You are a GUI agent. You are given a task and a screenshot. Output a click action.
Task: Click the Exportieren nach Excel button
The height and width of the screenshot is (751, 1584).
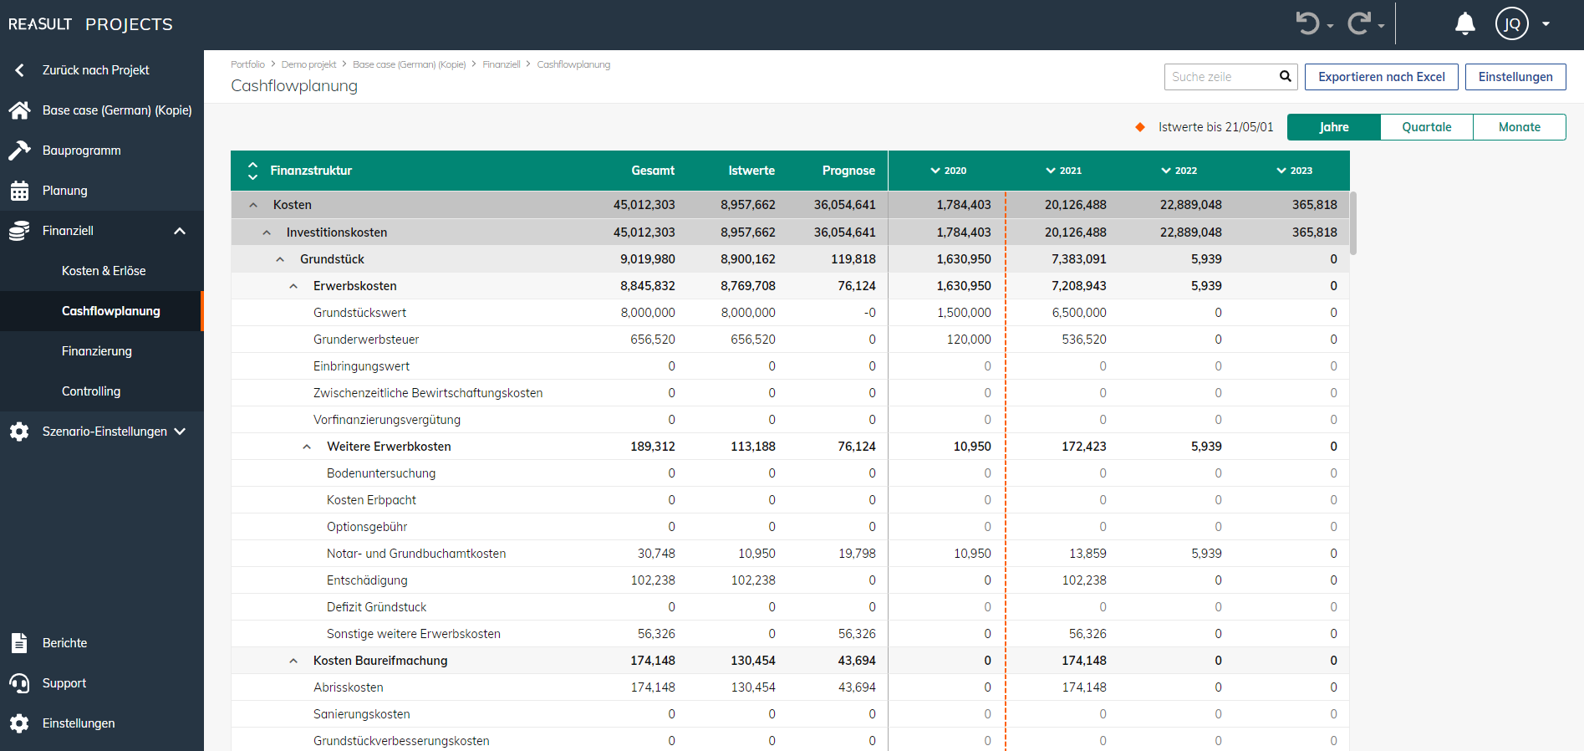[1381, 77]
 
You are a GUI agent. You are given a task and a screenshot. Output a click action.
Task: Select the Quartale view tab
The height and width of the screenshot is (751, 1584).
[1426, 127]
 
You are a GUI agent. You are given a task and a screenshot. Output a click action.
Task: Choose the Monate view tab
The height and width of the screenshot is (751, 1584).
[1519, 127]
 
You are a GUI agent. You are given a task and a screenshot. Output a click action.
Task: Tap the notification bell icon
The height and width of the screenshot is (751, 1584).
[1464, 23]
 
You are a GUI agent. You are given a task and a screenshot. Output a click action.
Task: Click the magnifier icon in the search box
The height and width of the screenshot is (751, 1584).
[1285, 77]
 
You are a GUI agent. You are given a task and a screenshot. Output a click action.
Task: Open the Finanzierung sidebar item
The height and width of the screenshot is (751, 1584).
[97, 351]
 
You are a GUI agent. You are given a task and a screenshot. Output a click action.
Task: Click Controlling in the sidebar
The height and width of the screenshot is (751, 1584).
[91, 391]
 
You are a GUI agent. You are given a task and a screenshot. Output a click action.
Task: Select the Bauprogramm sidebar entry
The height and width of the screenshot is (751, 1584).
[82, 151]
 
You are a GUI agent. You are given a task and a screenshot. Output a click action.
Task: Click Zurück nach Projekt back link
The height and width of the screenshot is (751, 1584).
[95, 70]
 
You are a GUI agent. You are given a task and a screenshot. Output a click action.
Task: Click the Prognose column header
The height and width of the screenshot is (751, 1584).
[848, 171]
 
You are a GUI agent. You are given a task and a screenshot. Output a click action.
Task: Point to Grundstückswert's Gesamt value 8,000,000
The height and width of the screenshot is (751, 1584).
[648, 313]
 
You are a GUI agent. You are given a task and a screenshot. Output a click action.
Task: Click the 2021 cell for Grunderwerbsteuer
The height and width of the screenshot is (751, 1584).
[1083, 340]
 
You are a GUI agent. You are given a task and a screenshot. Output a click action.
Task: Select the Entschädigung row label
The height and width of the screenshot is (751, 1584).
[367, 580]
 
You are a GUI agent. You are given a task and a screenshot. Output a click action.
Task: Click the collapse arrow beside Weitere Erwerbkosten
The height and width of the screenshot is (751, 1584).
[307, 447]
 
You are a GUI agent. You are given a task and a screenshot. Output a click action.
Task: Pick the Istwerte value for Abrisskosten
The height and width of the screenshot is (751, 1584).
[752, 687]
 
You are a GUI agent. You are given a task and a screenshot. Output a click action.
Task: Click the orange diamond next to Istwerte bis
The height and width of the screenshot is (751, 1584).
[1140, 127]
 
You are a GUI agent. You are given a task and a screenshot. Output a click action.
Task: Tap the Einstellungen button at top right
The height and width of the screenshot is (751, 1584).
[1515, 77]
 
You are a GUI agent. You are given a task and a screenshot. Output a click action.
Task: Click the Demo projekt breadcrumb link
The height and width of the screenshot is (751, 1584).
[308, 64]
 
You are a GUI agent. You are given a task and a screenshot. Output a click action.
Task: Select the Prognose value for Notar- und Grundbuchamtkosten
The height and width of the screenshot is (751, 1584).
[857, 554]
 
